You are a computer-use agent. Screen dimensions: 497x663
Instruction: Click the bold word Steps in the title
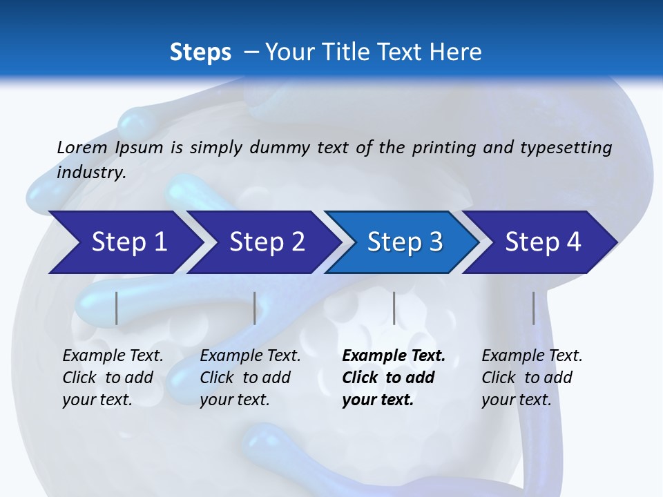pyautogui.click(x=200, y=52)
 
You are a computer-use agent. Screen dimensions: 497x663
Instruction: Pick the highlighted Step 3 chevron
pyautogui.click(x=405, y=242)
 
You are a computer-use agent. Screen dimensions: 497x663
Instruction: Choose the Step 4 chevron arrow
pyautogui.click(x=543, y=242)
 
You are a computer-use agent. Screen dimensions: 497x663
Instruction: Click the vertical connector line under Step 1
pyautogui.click(x=117, y=308)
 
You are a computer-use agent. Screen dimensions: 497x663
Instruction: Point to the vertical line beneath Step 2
pyautogui.click(x=255, y=308)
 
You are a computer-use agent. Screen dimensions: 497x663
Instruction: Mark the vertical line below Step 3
pyautogui.click(x=394, y=308)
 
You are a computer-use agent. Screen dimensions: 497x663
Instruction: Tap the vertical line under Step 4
pyautogui.click(x=533, y=308)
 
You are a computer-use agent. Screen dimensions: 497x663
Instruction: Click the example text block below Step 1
pyautogui.click(x=113, y=378)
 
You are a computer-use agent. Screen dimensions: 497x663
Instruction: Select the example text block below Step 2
pyautogui.click(x=250, y=378)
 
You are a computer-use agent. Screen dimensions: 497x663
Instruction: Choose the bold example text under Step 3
pyautogui.click(x=394, y=378)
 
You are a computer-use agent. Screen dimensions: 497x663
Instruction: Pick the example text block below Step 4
pyautogui.click(x=532, y=378)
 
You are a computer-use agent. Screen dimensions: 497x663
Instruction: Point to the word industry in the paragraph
pyautogui.click(x=91, y=173)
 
